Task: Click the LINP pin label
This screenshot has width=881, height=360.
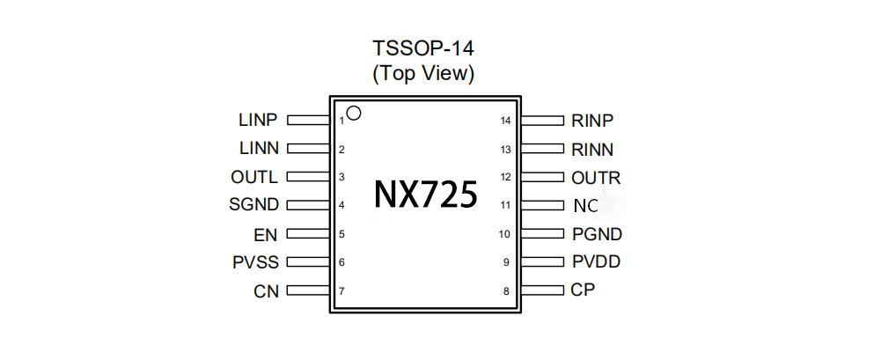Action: click(x=258, y=120)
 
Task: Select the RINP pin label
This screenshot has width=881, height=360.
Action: click(x=592, y=121)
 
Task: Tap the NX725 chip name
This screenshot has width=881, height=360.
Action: click(x=426, y=195)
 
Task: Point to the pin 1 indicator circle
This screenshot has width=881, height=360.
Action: click(x=354, y=113)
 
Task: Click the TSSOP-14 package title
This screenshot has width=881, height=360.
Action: click(x=423, y=48)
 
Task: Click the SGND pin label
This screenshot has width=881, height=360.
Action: click(x=254, y=205)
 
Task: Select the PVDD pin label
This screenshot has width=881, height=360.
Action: click(x=596, y=261)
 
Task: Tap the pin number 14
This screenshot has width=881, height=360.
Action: click(x=505, y=121)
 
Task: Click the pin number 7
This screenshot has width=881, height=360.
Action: click(x=341, y=290)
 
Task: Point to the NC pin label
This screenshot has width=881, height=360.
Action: click(x=585, y=206)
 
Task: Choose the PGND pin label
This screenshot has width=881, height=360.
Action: click(x=597, y=234)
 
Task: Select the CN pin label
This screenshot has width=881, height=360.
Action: click(x=266, y=291)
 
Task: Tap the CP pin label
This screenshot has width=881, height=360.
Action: click(x=583, y=290)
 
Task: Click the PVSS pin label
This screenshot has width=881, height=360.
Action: click(x=255, y=262)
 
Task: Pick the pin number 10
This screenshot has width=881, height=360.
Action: click(x=504, y=234)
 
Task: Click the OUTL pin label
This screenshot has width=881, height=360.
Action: click(x=254, y=177)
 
